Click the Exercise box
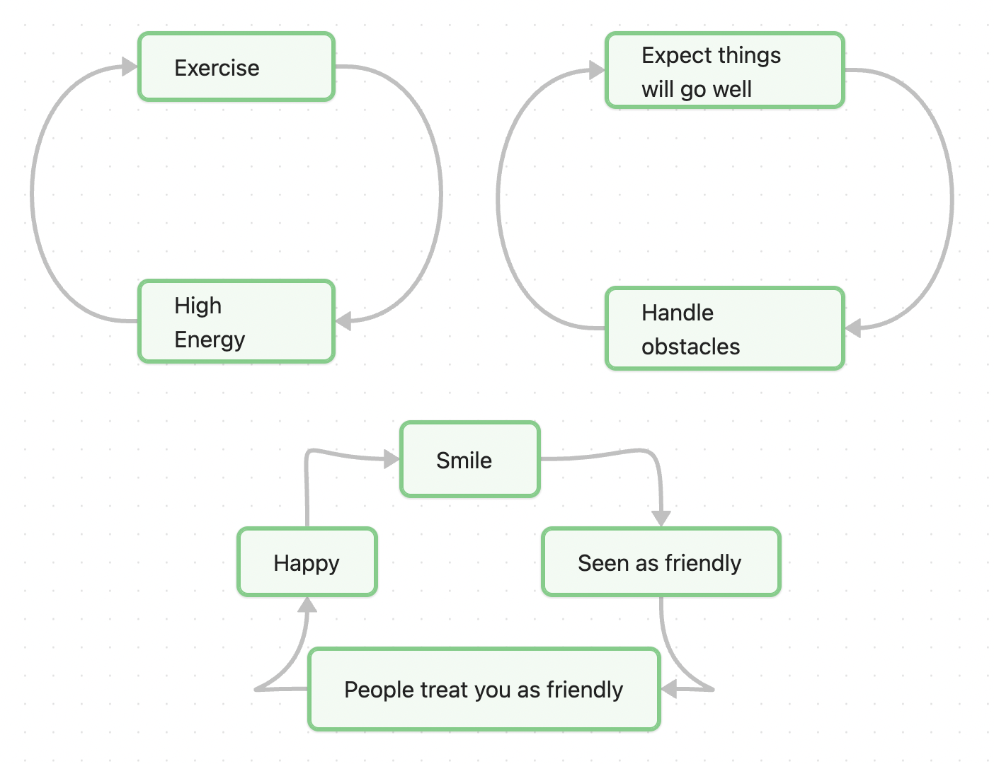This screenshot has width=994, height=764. click(236, 67)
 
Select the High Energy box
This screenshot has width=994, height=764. click(236, 322)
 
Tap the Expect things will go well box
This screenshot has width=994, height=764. click(725, 71)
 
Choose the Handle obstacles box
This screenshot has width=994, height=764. click(725, 329)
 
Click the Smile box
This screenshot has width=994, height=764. click(470, 460)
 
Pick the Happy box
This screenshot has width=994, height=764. click(307, 562)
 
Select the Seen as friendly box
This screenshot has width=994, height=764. click(661, 562)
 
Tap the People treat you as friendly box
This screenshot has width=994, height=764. click(484, 689)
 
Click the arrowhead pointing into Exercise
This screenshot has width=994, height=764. click(130, 67)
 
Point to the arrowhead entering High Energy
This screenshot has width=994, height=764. click(343, 321)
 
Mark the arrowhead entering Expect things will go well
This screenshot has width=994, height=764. click(597, 70)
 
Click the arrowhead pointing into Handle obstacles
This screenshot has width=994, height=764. click(853, 328)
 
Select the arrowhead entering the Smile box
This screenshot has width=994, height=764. click(392, 460)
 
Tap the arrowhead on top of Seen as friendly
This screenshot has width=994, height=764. click(661, 519)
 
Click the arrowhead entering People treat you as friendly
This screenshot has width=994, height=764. click(669, 688)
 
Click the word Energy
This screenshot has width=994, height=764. click(210, 340)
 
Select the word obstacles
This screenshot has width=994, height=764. click(690, 347)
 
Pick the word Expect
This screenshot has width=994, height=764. click(676, 55)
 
